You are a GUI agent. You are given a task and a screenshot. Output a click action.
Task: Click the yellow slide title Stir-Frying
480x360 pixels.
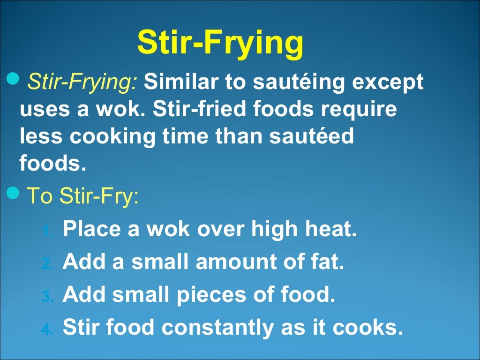point(220,43)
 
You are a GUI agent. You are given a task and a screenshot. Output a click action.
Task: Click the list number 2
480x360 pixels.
point(47,265)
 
